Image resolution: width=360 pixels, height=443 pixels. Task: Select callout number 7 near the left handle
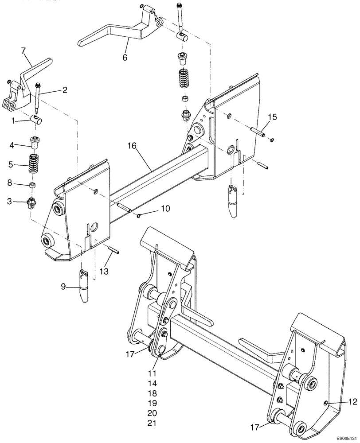click(23, 51)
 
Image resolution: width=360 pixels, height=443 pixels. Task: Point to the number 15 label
click(272, 117)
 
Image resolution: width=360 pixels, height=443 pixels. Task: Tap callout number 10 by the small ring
click(164, 208)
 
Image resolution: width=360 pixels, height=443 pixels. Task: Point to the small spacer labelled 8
click(33, 184)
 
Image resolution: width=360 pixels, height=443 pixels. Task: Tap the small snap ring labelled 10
click(139, 216)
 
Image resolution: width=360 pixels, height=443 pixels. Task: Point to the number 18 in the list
click(152, 393)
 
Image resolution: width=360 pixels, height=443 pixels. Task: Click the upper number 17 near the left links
click(129, 354)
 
